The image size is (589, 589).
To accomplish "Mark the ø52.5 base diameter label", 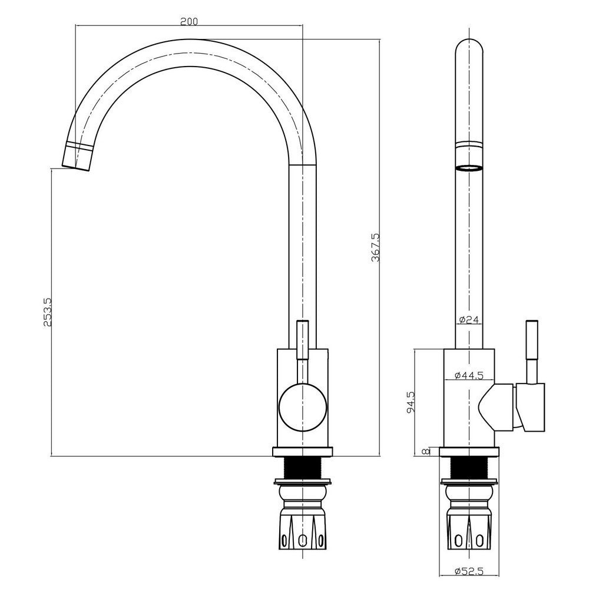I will pos(469,571).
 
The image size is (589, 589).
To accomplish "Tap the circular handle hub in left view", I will pos(302,406).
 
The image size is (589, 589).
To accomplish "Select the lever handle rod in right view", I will pos(532,350).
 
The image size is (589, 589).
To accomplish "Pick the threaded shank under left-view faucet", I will pos(302,469).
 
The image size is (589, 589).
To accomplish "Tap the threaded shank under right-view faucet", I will pos(469,469).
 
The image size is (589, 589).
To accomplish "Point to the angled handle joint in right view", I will pos(496,406).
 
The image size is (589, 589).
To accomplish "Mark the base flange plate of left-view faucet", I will pos(302,452).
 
